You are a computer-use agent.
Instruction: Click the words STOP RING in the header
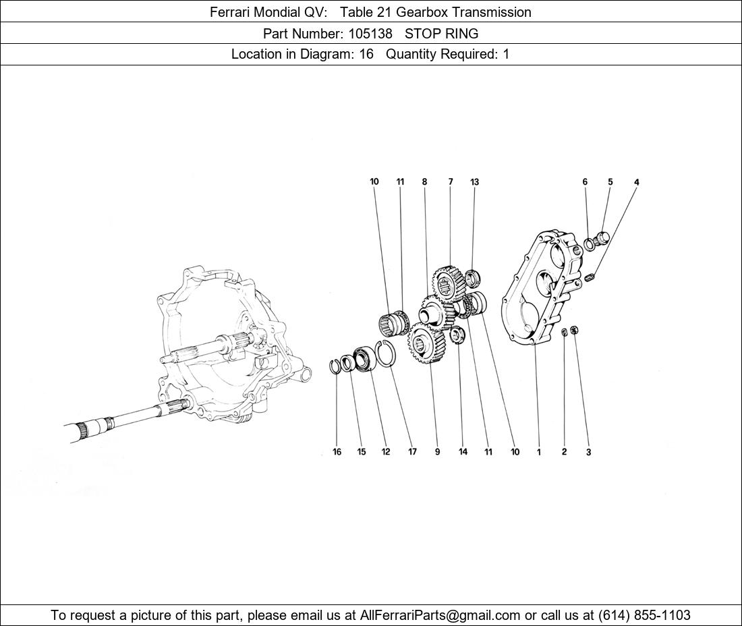441,33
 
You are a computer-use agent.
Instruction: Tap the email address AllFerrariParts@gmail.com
440,615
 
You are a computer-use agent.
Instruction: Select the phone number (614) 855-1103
644,615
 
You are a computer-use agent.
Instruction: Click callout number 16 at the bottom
337,452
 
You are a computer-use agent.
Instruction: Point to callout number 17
412,452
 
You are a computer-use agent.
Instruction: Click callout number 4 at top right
637,182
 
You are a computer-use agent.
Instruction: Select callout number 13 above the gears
475,182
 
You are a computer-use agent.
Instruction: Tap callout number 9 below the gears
437,452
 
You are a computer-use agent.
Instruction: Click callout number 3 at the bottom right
588,452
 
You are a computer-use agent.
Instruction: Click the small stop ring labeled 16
336,366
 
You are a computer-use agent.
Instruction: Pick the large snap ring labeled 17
386,353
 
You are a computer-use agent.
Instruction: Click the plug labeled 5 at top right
602,237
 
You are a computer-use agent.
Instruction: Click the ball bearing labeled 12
364,359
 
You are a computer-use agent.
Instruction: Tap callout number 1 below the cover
538,452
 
